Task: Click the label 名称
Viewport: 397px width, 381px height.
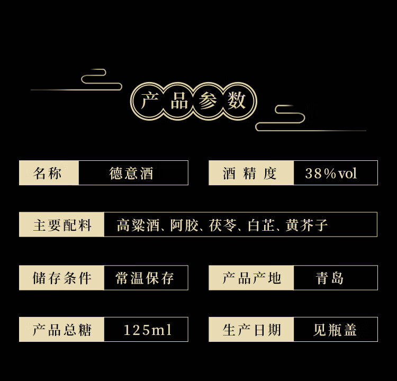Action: pos(48,173)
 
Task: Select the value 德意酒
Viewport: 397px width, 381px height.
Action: pos(131,173)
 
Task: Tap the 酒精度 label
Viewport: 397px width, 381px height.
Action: pos(250,173)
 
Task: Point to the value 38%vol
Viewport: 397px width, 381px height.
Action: pos(331,173)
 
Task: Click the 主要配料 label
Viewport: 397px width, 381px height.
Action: pos(62,225)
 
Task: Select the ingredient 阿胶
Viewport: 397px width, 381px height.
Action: pos(185,225)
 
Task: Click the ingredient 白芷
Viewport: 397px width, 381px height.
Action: pos(261,225)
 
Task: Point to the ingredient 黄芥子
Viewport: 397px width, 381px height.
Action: pos(307,225)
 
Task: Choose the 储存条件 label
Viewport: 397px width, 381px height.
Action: pos(62,278)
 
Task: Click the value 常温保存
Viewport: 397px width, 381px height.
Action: pos(145,278)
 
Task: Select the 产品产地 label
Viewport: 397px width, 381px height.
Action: pos(251,278)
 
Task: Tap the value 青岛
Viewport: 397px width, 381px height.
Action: pos(330,278)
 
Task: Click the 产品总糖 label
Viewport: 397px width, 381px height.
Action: pos(62,330)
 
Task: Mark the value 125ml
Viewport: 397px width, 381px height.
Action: pos(147,330)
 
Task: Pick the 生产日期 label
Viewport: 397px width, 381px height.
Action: pos(251,330)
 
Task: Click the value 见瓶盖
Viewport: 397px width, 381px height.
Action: pos(335,330)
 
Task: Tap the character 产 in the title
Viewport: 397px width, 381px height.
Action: pos(150,101)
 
